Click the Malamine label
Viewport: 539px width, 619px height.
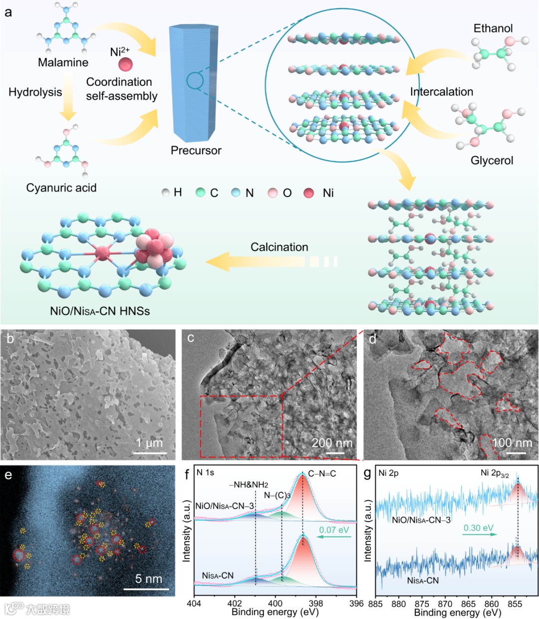click(x=63, y=62)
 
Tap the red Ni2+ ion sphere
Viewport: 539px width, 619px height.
click(x=125, y=64)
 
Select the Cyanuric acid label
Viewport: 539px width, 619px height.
click(x=61, y=188)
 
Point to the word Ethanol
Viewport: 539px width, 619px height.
click(x=493, y=28)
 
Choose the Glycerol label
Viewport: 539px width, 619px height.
click(x=492, y=161)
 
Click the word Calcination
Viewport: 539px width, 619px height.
click(x=279, y=247)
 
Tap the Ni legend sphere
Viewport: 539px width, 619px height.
click(x=309, y=193)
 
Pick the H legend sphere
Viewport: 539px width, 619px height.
click(x=166, y=193)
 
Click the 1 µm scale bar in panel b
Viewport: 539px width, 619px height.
click(x=150, y=453)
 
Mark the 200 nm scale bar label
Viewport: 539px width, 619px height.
click(x=332, y=443)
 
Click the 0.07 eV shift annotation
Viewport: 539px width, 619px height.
click(x=334, y=530)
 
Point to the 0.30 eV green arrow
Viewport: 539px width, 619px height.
click(x=479, y=535)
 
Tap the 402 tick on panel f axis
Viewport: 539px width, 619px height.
click(x=235, y=604)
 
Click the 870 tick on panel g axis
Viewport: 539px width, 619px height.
click(x=445, y=604)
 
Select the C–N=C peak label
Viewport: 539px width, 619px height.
click(x=322, y=473)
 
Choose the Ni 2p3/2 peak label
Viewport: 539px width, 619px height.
click(x=495, y=473)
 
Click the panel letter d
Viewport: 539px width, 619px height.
click(x=372, y=339)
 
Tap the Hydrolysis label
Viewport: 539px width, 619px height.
click(x=35, y=92)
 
